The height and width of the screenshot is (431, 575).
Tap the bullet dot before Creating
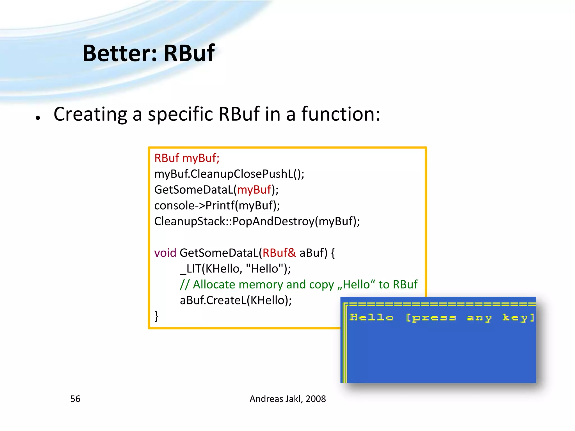pyautogui.click(x=38, y=118)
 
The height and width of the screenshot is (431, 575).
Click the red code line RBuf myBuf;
pyautogui.click(x=187, y=158)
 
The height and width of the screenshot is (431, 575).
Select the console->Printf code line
pyautogui.click(x=217, y=206)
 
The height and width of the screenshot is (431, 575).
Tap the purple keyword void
pyautogui.click(x=165, y=253)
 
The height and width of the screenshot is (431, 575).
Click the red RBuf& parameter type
pyautogui.click(x=279, y=253)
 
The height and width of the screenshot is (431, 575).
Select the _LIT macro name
pyautogui.click(x=190, y=269)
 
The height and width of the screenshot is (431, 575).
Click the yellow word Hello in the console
pyautogui.click(x=371, y=317)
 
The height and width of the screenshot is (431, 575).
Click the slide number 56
pyautogui.click(x=75, y=399)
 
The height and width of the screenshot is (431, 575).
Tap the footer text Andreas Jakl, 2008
pyautogui.click(x=287, y=399)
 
